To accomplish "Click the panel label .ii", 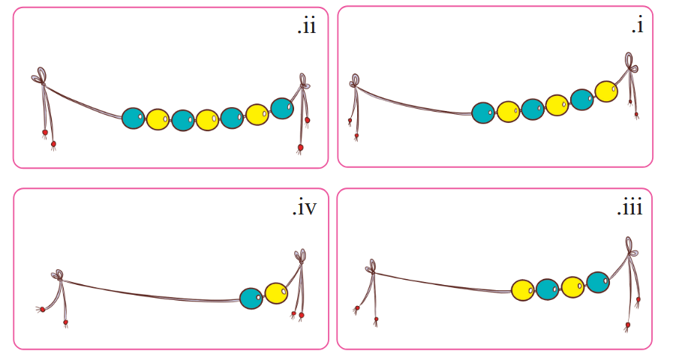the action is pyautogui.click(x=307, y=26).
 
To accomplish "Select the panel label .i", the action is pyautogui.click(x=638, y=25).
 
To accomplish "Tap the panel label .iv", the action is pyautogui.click(x=305, y=208).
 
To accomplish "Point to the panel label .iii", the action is pyautogui.click(x=630, y=208).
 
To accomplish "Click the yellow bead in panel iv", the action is pyautogui.click(x=276, y=293).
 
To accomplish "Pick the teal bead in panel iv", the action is pyautogui.click(x=251, y=298).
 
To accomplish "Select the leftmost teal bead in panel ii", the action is pyautogui.click(x=134, y=118).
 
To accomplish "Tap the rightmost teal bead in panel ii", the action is pyautogui.click(x=282, y=109).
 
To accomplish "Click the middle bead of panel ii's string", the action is pyautogui.click(x=208, y=120).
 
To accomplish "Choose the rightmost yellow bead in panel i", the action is pyautogui.click(x=606, y=91).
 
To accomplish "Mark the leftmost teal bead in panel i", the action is pyautogui.click(x=483, y=112).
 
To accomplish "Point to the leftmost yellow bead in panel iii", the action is pyautogui.click(x=523, y=290).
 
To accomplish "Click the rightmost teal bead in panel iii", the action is pyautogui.click(x=598, y=282).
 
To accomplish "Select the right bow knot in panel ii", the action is pyautogui.click(x=304, y=82).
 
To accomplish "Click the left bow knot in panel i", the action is pyautogui.click(x=355, y=81).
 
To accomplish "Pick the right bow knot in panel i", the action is pyautogui.click(x=630, y=63).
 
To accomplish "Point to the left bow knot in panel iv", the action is pyautogui.click(x=58, y=275).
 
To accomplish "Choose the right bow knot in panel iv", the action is pyautogui.click(x=300, y=256).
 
